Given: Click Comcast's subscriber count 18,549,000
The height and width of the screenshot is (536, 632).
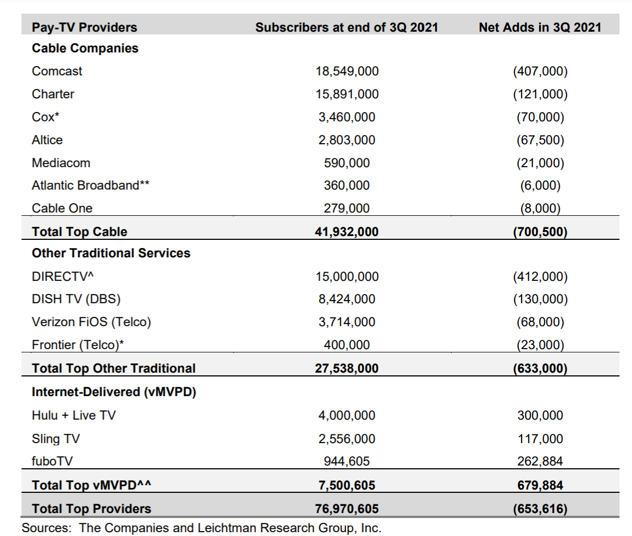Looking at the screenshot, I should point(347,71).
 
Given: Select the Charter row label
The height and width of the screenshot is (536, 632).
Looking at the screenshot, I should point(53,94).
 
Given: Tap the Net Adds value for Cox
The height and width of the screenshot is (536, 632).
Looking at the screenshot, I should point(540,117).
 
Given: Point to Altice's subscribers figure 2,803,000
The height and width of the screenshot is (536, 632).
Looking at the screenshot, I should point(347,140).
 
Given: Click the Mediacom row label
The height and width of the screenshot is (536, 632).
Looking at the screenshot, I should point(61,163).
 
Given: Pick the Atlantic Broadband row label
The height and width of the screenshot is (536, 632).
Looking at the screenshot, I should point(91,185).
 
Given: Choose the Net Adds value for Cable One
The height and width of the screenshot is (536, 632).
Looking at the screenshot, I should point(540,208).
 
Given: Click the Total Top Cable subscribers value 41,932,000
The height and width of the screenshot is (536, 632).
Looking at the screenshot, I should point(347,232).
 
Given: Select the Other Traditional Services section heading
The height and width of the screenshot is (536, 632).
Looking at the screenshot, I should point(111,253).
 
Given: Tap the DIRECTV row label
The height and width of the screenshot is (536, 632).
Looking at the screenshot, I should point(63,276).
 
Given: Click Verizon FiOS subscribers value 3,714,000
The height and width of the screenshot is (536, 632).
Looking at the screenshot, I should point(347,322).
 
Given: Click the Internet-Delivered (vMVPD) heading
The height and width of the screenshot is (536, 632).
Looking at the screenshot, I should point(114,392).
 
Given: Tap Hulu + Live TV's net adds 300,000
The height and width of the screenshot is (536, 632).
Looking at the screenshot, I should point(540,415).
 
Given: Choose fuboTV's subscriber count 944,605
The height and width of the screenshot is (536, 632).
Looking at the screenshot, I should point(347,462).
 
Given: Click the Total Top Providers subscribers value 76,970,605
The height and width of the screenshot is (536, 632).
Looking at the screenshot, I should point(347,509).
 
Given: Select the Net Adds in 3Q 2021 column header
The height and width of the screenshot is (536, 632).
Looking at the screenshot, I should point(540,27).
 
